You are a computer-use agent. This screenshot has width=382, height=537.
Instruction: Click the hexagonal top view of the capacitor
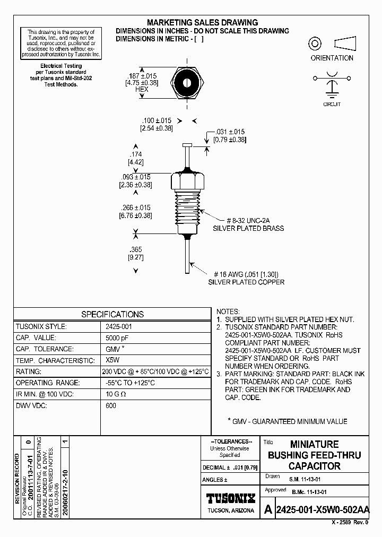(x=188, y=83)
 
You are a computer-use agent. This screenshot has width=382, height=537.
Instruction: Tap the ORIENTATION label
(x=332, y=58)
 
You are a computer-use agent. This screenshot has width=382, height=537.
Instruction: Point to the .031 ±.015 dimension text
(x=230, y=132)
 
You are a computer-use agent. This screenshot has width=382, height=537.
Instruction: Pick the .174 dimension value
(x=135, y=154)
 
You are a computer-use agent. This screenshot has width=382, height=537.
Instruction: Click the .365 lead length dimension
(x=135, y=249)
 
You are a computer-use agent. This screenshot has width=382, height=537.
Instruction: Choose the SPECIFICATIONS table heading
(x=112, y=314)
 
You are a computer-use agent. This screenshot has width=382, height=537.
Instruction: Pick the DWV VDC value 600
(x=111, y=405)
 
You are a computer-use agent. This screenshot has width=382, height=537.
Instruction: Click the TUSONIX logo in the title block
(x=231, y=498)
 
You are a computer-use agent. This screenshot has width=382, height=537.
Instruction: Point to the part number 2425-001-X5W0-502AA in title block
(x=323, y=510)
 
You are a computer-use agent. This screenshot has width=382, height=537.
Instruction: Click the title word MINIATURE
(x=314, y=444)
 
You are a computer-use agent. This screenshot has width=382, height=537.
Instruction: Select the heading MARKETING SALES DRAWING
(x=202, y=23)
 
